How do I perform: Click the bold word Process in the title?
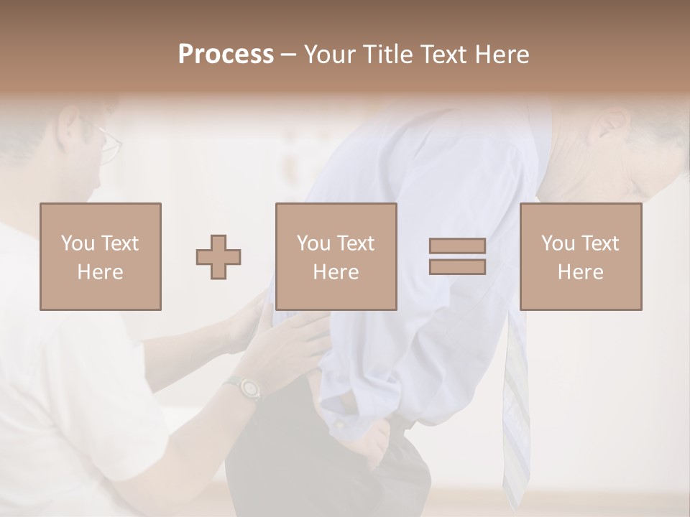(x=226, y=55)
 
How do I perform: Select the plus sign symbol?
(x=218, y=256)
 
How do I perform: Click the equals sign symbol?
(x=457, y=256)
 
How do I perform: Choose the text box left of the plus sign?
(x=100, y=256)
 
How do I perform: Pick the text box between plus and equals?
(x=336, y=256)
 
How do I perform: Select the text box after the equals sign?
(x=580, y=256)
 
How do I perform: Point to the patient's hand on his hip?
(x=374, y=438)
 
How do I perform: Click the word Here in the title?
(x=501, y=55)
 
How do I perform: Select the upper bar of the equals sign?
(x=457, y=246)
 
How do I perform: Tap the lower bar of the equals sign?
(x=457, y=266)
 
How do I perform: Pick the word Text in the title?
(x=442, y=55)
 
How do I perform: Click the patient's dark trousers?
(x=287, y=460)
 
